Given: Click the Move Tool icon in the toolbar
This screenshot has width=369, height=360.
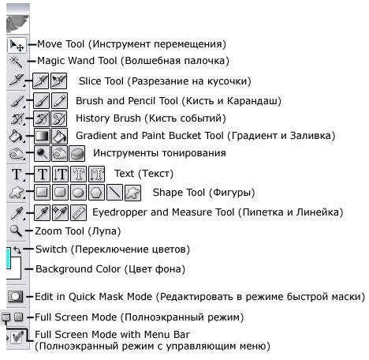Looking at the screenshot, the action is click(x=17, y=45).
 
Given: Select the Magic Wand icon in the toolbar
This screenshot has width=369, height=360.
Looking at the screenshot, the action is click(x=17, y=62).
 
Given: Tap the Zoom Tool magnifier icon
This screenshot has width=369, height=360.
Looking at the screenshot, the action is click(x=16, y=231).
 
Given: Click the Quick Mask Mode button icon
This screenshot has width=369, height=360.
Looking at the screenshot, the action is click(x=15, y=297).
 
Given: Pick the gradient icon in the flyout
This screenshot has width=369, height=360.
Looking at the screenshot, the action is click(x=42, y=136).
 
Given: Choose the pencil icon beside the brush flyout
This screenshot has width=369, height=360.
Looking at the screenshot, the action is click(x=59, y=101).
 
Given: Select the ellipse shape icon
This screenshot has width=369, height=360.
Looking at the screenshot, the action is click(x=78, y=193).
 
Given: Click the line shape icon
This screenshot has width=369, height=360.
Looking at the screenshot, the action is click(x=114, y=193).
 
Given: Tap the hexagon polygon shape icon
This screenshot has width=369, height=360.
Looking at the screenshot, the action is click(x=96, y=193).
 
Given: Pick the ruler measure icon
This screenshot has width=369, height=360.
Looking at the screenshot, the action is click(x=78, y=212).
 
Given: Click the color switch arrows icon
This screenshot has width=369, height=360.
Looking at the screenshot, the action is click(x=17, y=249).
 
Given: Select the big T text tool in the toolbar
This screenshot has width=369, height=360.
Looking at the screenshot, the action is click(x=17, y=174).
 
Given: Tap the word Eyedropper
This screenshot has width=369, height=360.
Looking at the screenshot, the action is click(x=120, y=212).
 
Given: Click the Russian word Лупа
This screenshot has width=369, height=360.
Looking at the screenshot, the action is click(x=104, y=231).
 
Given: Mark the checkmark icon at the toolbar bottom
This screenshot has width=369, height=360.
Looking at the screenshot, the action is click(x=17, y=337).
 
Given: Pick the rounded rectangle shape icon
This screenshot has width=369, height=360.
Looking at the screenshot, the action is click(x=60, y=193).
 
